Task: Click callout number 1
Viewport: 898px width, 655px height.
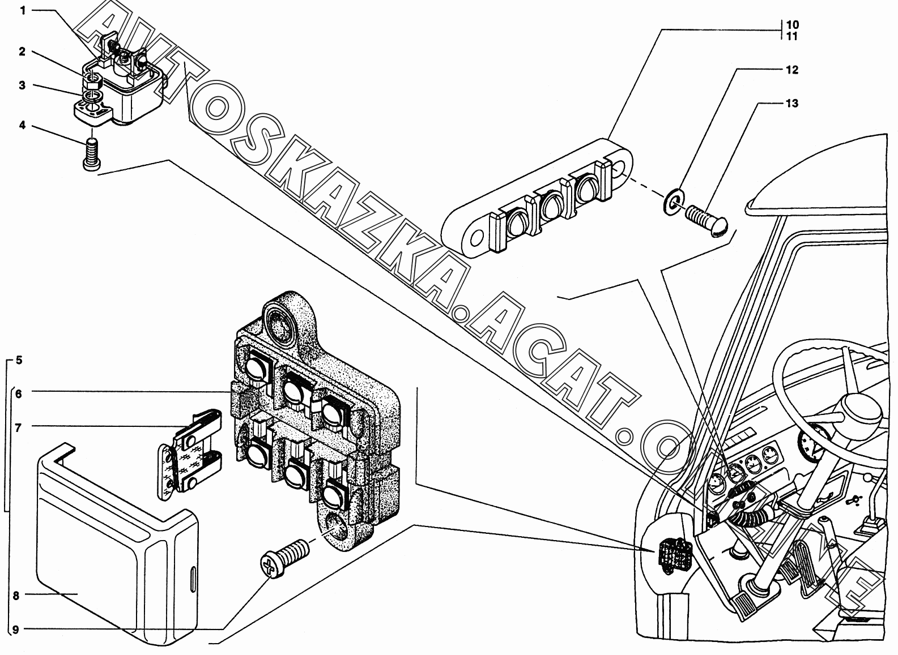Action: coord(23,10)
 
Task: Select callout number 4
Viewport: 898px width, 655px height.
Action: coord(23,125)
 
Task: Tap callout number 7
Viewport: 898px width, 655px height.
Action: coord(19,427)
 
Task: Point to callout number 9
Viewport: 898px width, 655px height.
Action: coord(16,629)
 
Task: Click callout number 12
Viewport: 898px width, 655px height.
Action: coord(791,70)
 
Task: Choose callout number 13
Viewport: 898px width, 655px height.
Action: coord(791,104)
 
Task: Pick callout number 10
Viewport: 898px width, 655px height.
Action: coord(792,25)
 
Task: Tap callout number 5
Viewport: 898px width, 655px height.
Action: coord(19,360)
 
